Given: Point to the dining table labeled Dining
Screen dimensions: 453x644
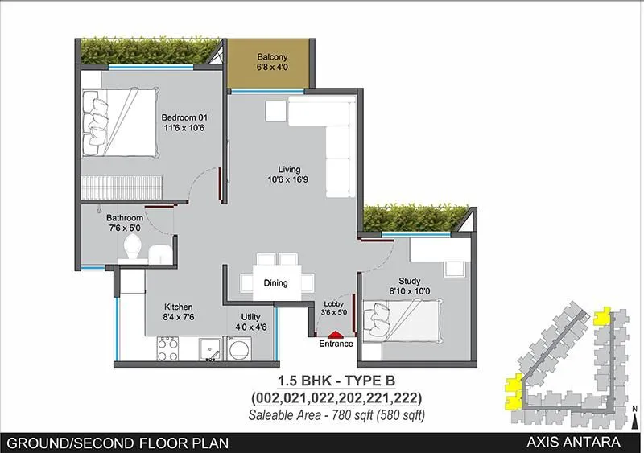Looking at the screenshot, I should tap(276, 282).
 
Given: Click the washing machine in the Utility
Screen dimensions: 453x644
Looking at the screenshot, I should tap(240, 349).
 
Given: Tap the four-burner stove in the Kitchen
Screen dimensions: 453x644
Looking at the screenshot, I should tap(167, 349).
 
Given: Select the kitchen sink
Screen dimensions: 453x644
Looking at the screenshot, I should tap(211, 349).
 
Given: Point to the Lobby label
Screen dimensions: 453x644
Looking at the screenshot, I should tap(333, 303).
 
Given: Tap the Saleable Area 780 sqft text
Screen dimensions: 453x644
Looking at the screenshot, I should tap(336, 414).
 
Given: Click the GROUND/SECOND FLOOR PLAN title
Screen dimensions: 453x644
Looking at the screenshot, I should tap(117, 443).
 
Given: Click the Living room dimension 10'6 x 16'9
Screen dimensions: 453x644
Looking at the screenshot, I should tap(289, 180).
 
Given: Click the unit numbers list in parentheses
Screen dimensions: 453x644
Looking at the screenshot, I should tap(336, 398).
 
